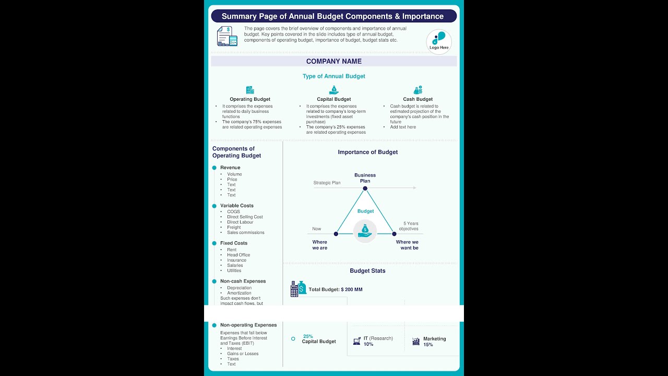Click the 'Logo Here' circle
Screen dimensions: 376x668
click(439, 41)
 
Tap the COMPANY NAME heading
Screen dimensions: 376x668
click(334, 61)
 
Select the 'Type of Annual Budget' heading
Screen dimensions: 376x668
click(334, 76)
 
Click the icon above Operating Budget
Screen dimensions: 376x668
click(250, 90)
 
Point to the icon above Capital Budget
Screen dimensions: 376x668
click(334, 90)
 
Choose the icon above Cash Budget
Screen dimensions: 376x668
click(418, 90)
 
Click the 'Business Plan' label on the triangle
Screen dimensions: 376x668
click(365, 178)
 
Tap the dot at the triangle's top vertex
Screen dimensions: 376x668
click(365, 189)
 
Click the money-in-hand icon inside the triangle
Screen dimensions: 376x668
click(365, 230)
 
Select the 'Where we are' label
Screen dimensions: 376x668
click(320, 245)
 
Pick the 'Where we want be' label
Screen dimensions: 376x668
click(407, 245)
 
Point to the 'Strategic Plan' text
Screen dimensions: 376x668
click(327, 183)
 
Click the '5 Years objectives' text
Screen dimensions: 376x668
click(409, 226)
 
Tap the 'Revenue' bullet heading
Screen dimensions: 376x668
click(230, 168)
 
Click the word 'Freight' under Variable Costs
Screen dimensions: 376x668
click(234, 227)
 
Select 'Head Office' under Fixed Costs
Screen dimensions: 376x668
click(238, 255)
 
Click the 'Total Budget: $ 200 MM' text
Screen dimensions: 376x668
click(336, 289)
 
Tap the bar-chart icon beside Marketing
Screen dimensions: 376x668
click(416, 342)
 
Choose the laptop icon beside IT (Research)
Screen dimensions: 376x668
click(357, 342)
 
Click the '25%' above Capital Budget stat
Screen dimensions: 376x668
click(308, 336)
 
